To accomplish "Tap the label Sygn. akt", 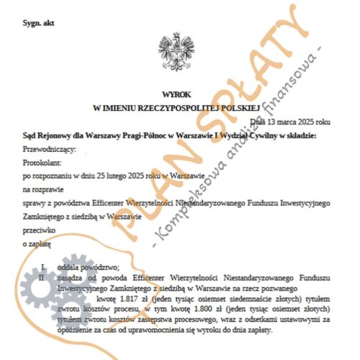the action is (x=40, y=24).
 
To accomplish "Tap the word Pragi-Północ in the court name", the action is (x=143, y=135).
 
